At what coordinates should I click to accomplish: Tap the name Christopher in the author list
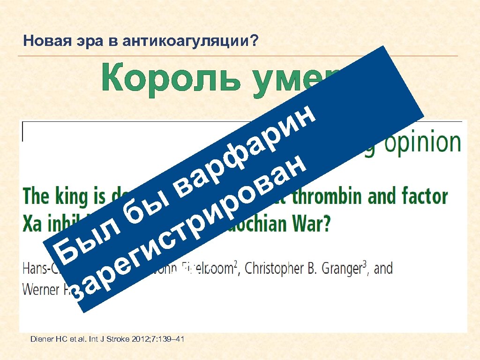281,269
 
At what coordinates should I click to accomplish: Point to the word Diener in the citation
43,338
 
